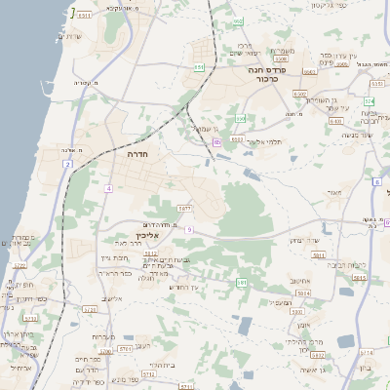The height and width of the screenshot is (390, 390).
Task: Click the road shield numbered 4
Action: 109,187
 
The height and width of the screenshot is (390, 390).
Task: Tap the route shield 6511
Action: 85,17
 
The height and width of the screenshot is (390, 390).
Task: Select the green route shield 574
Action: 369,100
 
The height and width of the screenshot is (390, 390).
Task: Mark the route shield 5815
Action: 359,278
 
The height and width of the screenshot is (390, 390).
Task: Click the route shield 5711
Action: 125,347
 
